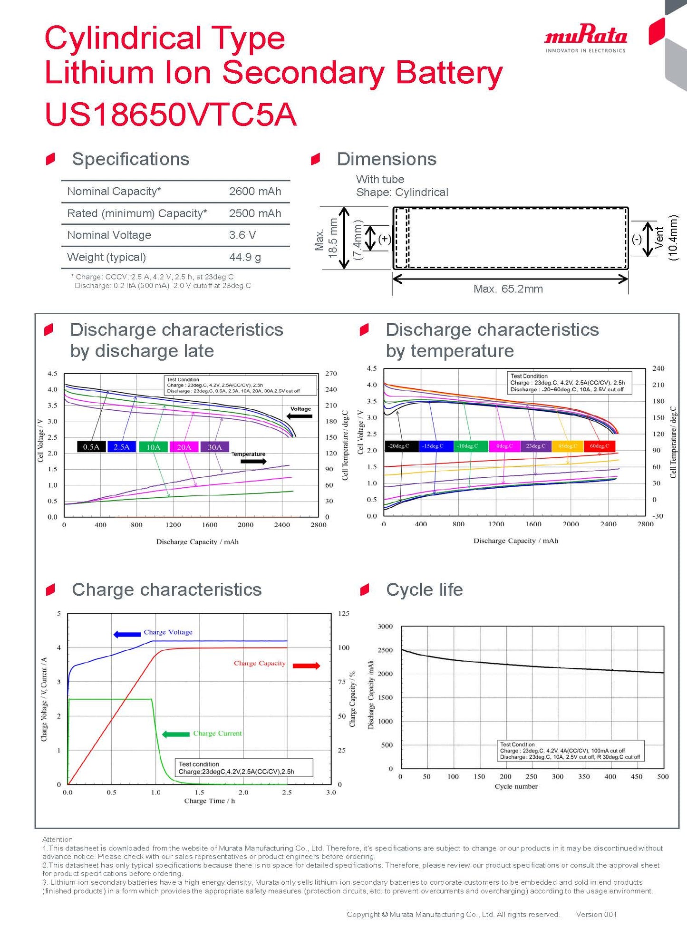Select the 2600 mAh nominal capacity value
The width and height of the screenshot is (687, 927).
(255, 192)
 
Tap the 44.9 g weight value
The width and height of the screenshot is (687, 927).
(245, 257)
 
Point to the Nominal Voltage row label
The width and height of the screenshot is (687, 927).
(109, 235)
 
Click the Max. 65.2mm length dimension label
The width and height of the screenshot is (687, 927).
(508, 289)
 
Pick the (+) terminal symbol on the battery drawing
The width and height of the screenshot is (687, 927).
(384, 239)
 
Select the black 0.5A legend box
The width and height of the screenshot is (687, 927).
(91, 447)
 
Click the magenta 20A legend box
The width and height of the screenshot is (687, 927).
(184, 447)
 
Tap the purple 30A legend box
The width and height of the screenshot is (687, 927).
(214, 447)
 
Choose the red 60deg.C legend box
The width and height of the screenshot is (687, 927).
(599, 446)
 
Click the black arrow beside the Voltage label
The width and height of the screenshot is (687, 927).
(300, 416)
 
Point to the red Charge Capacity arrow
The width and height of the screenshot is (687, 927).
(306, 666)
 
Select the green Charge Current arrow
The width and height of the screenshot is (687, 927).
(176, 734)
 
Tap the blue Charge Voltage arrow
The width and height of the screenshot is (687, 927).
(127, 634)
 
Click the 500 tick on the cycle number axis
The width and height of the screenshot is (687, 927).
(663, 777)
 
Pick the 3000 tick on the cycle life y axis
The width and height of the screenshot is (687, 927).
(385, 627)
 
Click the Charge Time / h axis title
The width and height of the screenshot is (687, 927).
(209, 801)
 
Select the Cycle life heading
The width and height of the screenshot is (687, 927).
(424, 590)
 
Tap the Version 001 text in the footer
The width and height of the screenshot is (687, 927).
(596, 914)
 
